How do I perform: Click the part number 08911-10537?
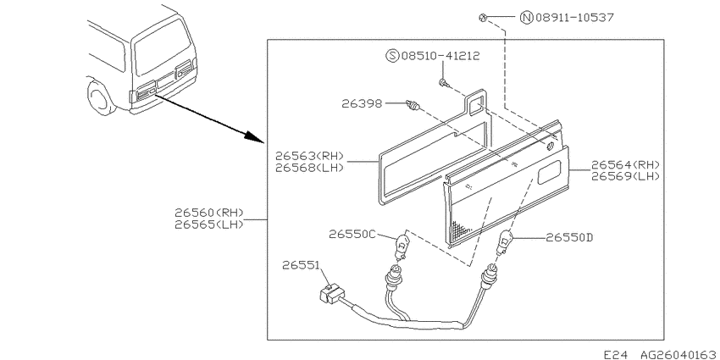[x=574, y=18]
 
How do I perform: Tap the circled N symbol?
[x=526, y=18]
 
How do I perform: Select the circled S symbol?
[x=392, y=56]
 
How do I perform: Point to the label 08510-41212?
[x=440, y=56]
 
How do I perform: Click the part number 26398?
[x=362, y=104]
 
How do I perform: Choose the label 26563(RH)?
[x=309, y=156]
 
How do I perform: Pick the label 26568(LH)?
[x=309, y=168]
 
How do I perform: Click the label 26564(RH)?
[x=625, y=165]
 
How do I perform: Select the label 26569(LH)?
[x=625, y=176]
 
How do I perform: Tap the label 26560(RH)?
[x=208, y=213]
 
